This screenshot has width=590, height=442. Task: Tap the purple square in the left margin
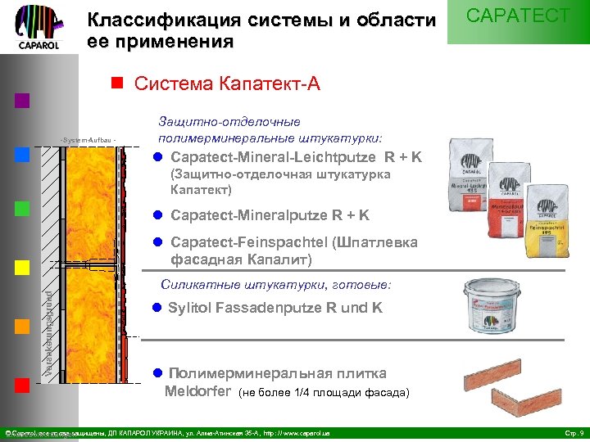pyautogui.click(x=22, y=101)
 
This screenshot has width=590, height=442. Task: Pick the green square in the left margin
pyautogui.click(x=22, y=209)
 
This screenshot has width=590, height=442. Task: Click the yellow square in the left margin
pyautogui.click(x=22, y=268)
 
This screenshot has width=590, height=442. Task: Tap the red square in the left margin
pyautogui.click(x=22, y=386)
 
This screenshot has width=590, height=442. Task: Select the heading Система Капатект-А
pyautogui.click(x=221, y=83)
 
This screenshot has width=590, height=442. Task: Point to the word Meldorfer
pyautogui.click(x=197, y=391)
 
